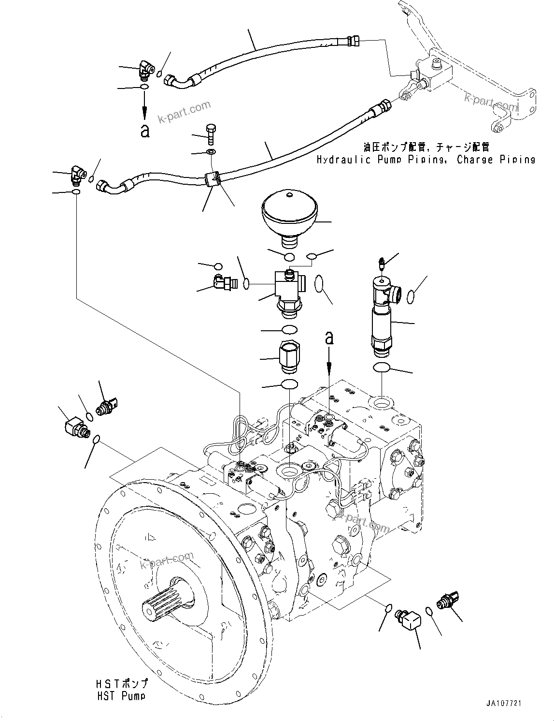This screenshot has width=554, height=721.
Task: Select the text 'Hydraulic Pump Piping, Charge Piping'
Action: point(426,160)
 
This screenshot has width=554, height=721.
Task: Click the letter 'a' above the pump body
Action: point(329,338)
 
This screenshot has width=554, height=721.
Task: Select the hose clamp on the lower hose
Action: point(212,179)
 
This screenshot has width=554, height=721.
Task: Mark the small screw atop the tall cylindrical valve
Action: point(382,264)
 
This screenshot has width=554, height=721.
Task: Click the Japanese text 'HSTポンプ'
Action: point(121,684)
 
